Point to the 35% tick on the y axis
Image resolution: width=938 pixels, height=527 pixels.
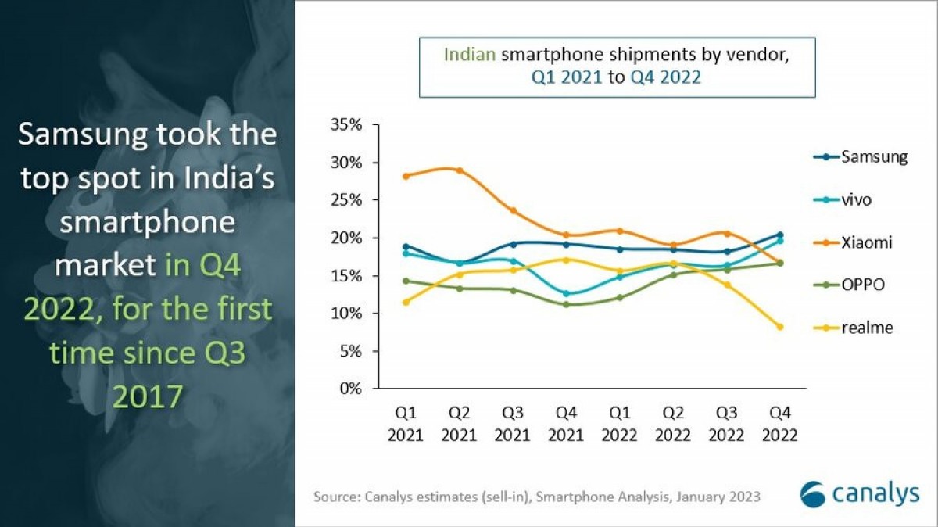(346, 125)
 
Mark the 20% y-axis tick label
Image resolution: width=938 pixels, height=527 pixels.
(346, 238)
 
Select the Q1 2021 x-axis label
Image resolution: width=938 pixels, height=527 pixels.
(406, 423)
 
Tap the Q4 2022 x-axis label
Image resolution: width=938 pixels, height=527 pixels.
(779, 423)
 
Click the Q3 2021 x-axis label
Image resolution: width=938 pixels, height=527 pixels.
(513, 423)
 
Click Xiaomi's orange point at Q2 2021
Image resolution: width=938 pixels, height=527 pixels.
(460, 170)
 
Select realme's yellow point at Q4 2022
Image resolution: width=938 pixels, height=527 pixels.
(779, 327)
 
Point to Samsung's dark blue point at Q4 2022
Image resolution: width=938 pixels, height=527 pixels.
(779, 235)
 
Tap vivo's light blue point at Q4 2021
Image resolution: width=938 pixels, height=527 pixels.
(567, 294)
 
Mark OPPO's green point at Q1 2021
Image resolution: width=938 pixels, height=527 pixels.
(406, 281)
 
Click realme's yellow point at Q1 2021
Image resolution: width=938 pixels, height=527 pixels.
(406, 302)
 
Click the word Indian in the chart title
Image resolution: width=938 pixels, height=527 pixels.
(471, 55)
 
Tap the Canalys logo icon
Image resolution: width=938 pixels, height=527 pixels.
(813, 494)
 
